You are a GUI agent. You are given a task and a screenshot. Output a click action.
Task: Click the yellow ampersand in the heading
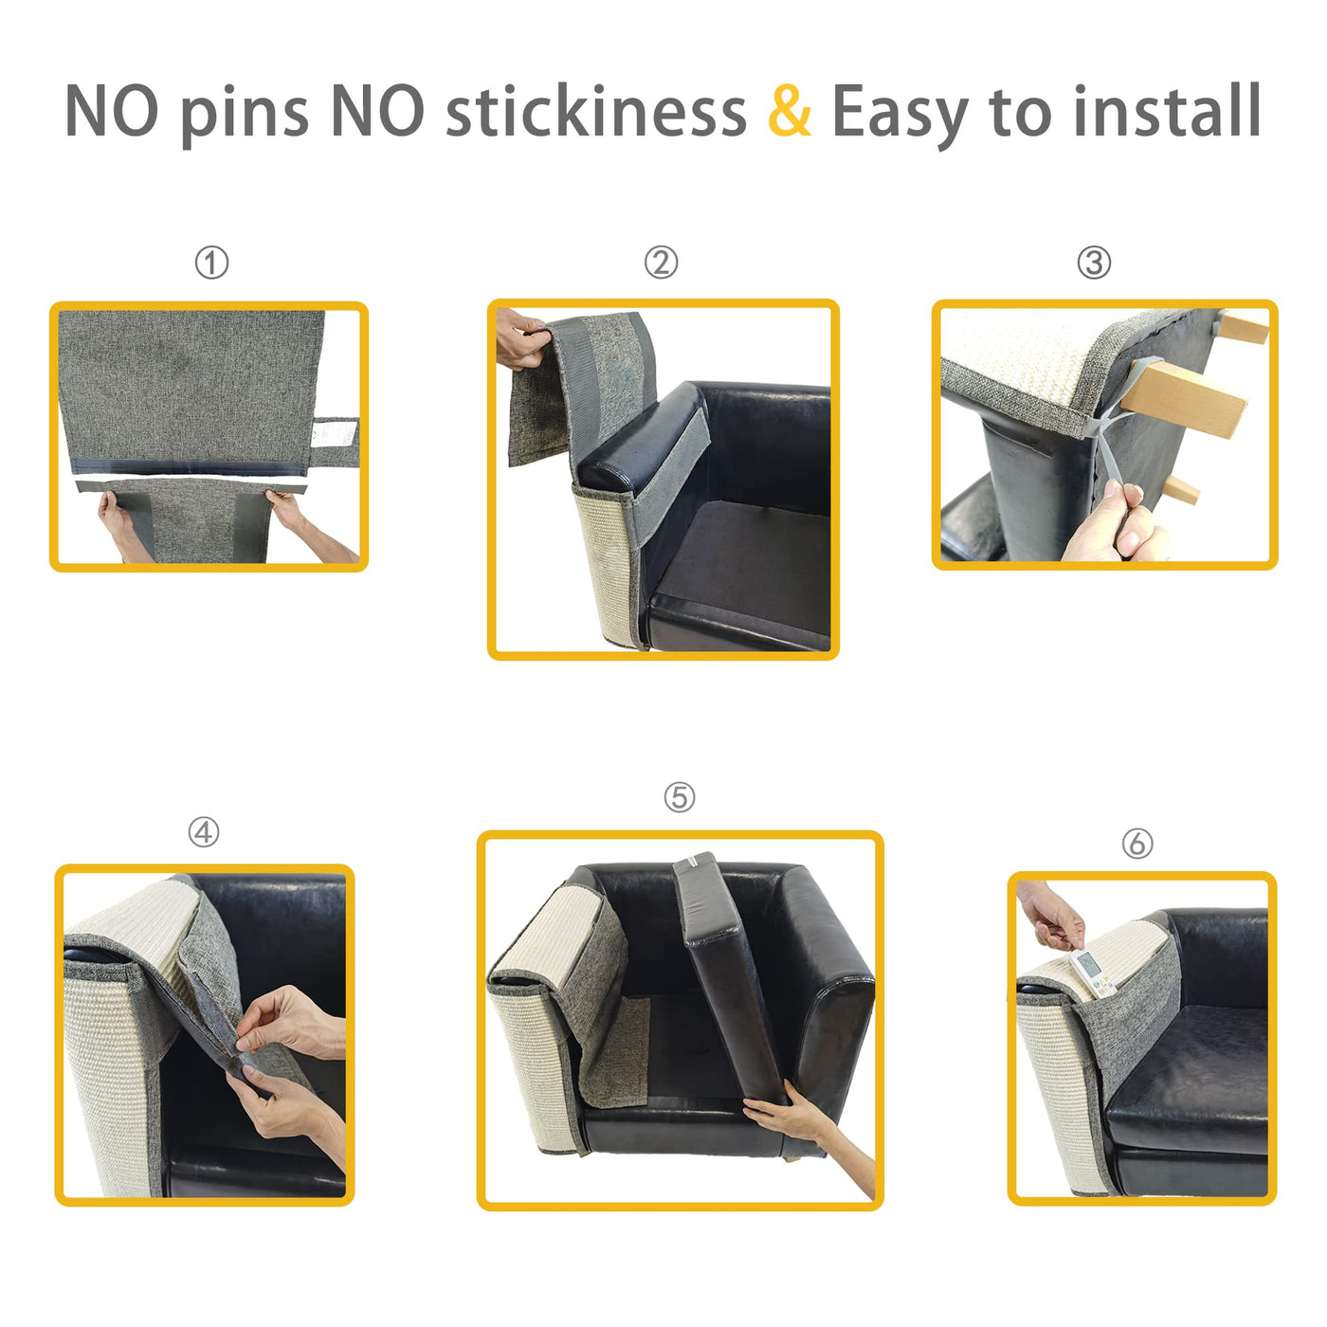(x=790, y=111)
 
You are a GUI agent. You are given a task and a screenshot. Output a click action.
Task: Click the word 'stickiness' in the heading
(x=596, y=110)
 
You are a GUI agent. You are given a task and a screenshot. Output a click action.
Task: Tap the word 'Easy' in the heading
(x=901, y=115)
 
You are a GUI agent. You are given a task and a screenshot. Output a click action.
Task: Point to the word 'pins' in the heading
(x=245, y=117)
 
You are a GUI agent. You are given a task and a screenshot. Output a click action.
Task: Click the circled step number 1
(x=211, y=263)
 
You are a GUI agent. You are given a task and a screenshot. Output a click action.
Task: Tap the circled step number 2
(x=661, y=263)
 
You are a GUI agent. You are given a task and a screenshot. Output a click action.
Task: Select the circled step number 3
(x=1094, y=263)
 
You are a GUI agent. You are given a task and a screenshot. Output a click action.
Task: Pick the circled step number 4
(x=204, y=832)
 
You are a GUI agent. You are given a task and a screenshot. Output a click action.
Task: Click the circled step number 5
(x=680, y=797)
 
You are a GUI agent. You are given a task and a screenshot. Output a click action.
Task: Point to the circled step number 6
(x=1137, y=844)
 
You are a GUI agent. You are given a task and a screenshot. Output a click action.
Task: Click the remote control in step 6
(x=1092, y=973)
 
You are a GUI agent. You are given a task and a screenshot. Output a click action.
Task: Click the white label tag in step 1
(x=336, y=433)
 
